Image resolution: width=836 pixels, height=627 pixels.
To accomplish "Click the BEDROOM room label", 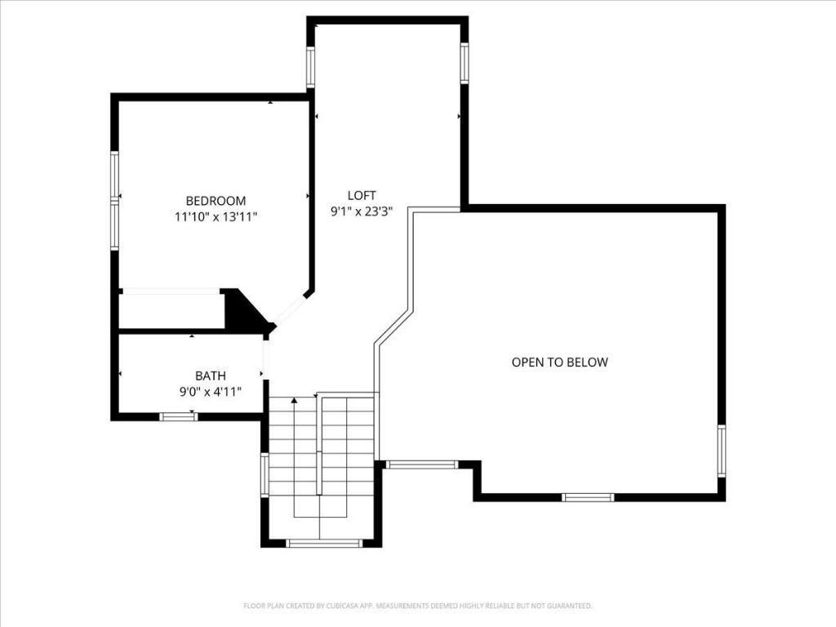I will [216, 201].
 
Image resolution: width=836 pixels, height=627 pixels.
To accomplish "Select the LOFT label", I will [362, 195].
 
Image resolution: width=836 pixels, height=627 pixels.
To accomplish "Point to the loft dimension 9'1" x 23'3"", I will [362, 211].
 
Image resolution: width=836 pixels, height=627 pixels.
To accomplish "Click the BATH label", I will [210, 376].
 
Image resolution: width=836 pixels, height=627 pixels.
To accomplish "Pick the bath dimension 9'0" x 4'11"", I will [210, 392].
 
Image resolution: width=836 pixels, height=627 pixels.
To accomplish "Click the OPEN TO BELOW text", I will [559, 362].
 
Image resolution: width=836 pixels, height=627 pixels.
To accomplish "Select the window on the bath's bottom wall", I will [178, 416].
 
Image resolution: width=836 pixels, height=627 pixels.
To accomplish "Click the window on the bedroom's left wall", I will [115, 200].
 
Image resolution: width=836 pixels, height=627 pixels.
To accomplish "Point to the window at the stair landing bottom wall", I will [324, 543].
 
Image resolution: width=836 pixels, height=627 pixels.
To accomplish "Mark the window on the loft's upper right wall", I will [464, 64].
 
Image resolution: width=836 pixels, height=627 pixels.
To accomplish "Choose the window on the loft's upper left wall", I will [310, 67].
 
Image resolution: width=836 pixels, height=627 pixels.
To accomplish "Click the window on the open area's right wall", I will [721, 451].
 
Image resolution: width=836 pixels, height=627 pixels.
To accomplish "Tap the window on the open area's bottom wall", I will [588, 496].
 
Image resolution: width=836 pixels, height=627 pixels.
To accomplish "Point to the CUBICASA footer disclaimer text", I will [417, 606].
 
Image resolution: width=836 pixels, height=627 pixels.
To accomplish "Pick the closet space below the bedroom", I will [171, 310].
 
